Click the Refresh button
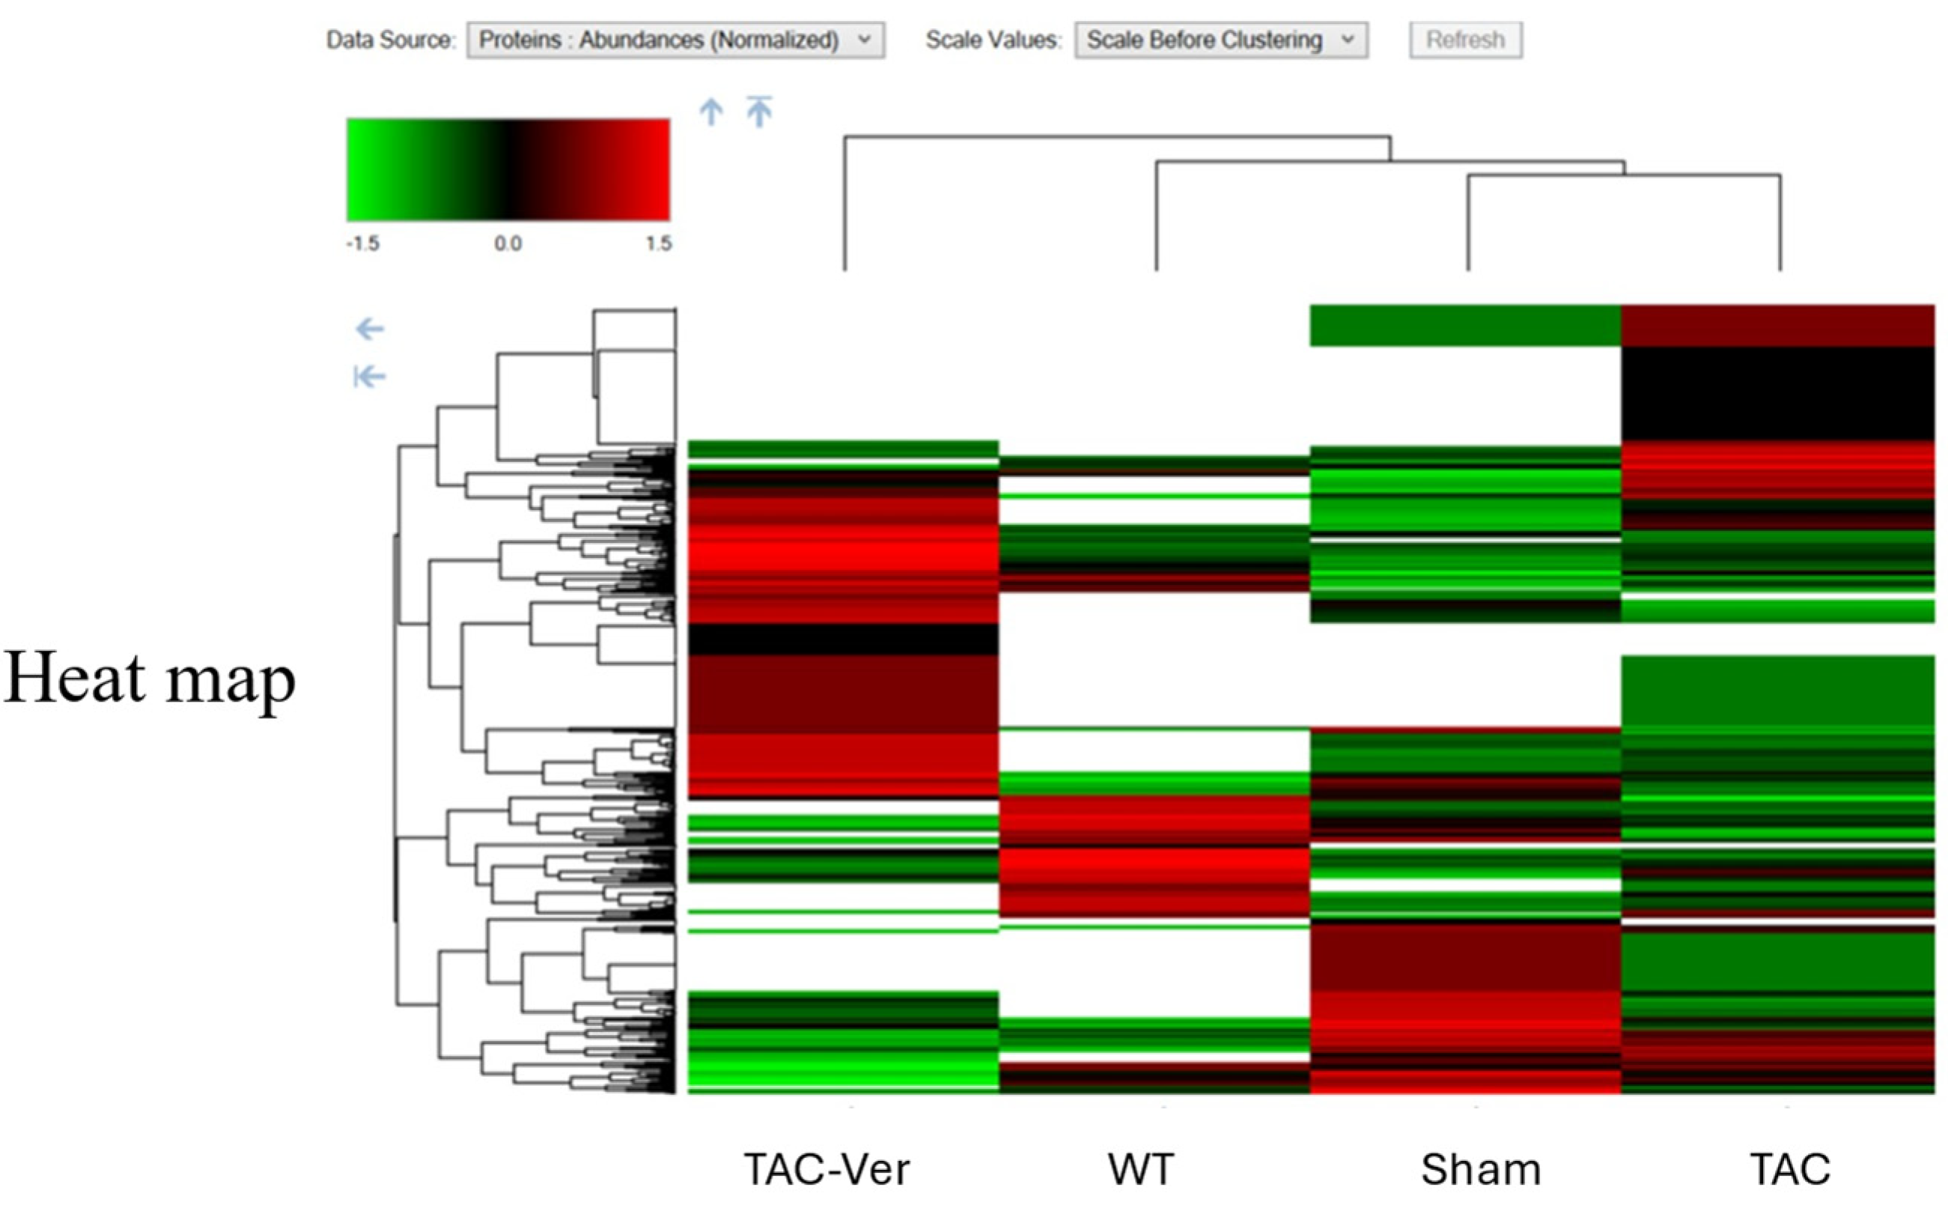coord(1465,40)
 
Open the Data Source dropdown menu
coord(675,40)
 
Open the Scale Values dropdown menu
coord(1220,40)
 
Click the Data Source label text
coord(390,40)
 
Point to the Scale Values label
coord(993,40)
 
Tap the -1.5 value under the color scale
coord(362,243)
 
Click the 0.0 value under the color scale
coord(508,243)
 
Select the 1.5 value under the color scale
coord(659,243)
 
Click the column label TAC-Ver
coord(827,1170)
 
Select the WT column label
coord(1140,1170)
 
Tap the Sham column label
coord(1480,1170)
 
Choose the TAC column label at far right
coord(1790,1170)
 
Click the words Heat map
coord(149,678)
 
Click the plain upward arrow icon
coord(710,112)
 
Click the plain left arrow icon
coord(370,328)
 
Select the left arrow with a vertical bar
coord(370,376)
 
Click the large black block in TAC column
coord(1777,393)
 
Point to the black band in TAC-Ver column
coord(843,639)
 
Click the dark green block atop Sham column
coord(1465,325)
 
